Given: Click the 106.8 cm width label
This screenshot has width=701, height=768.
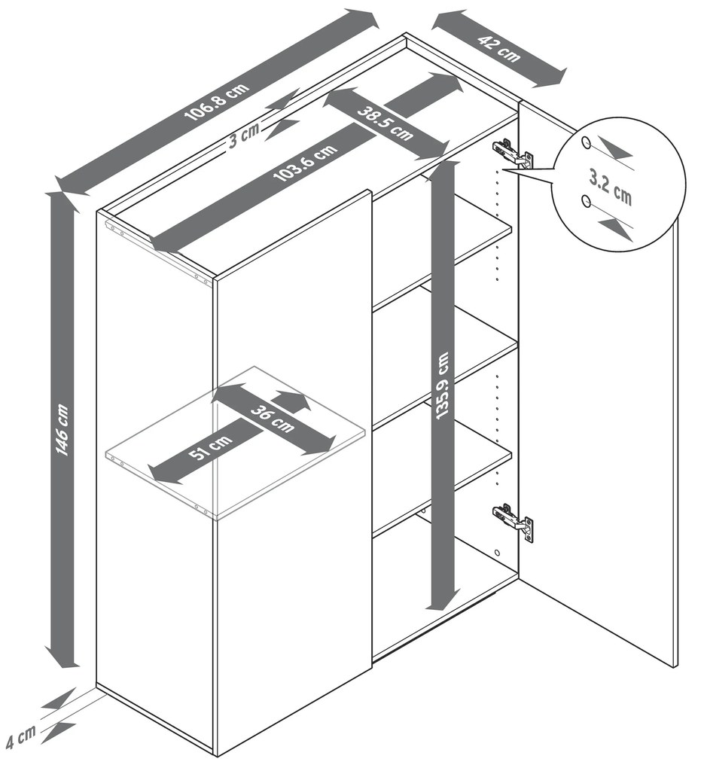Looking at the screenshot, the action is point(217,102).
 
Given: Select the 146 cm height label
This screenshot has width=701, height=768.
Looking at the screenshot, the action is point(62,429).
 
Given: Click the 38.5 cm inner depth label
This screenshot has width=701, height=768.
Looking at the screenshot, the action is point(385,123).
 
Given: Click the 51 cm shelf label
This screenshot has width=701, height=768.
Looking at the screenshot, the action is point(211,446).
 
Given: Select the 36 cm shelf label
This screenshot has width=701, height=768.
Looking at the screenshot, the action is point(273,419).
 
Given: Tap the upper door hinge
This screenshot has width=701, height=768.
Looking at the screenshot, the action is point(513,154).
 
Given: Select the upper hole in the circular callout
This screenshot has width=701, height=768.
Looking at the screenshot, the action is point(585,142).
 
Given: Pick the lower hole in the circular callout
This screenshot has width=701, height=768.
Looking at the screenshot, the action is point(585,200).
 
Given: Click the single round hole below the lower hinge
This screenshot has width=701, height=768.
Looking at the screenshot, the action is point(498,553).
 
